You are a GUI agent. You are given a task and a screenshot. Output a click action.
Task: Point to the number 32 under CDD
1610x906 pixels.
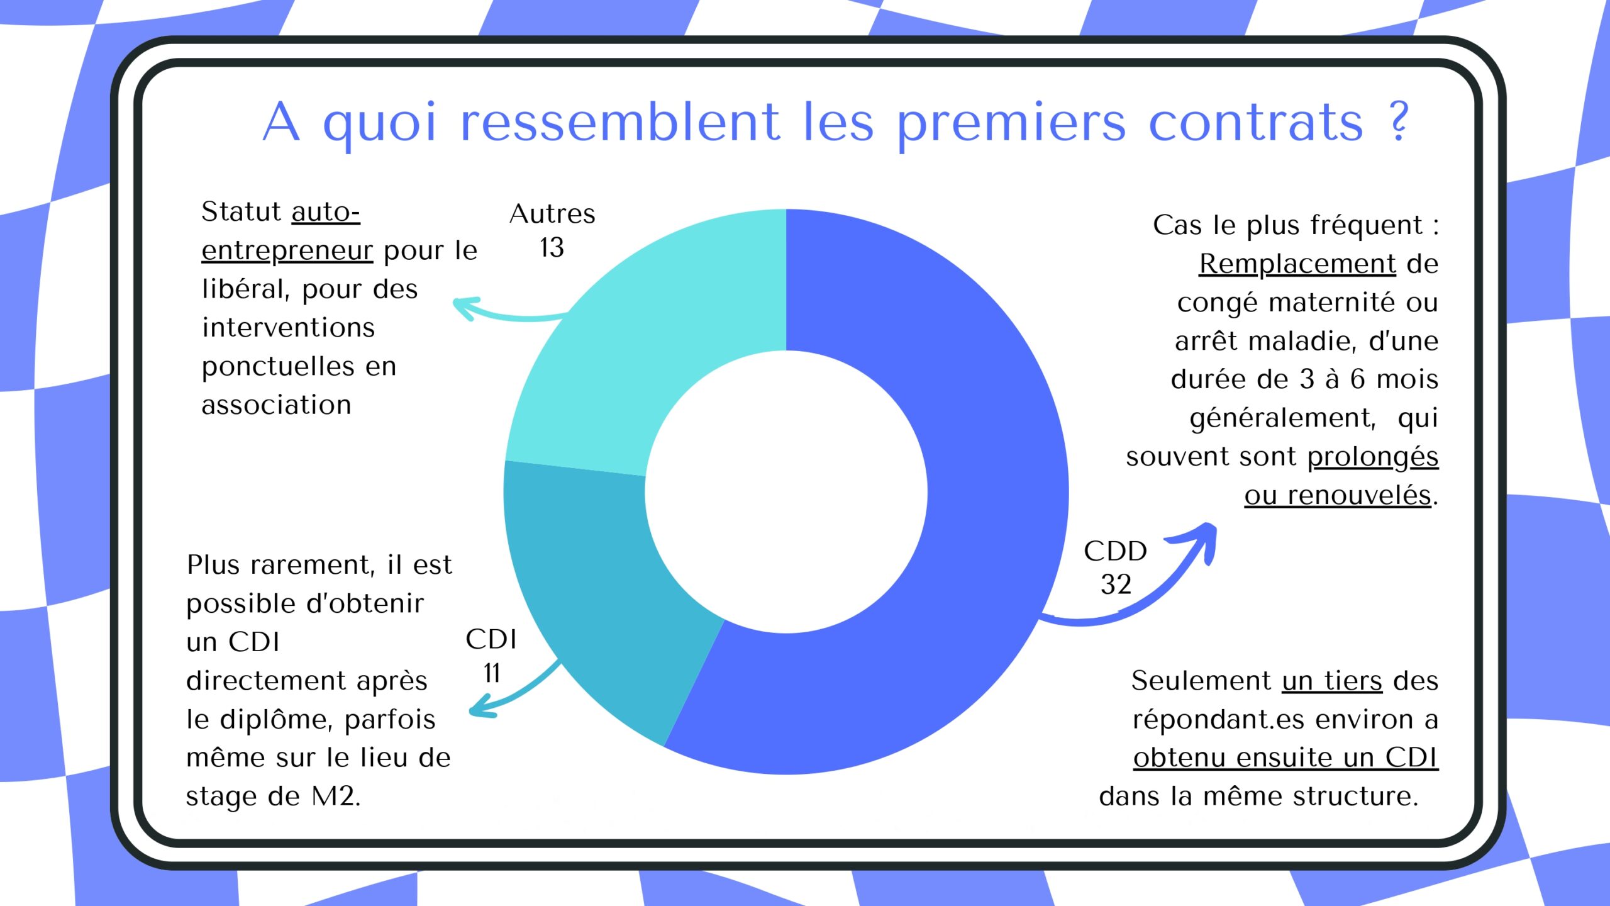pos(1116,584)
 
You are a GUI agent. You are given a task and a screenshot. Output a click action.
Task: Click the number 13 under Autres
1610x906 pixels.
pos(552,248)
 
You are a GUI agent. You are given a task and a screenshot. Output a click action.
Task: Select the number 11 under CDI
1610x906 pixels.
pos(492,673)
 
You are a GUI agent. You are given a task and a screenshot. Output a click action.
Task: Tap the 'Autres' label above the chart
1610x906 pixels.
pos(552,214)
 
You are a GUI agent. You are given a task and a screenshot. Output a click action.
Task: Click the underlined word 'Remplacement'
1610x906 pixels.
pos(1297,264)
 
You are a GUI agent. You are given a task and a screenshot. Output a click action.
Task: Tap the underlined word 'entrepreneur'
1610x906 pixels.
pos(287,251)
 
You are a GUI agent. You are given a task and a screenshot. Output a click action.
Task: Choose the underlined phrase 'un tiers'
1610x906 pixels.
pos(1332,681)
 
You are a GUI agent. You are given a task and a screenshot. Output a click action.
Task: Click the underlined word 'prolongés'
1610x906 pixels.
pos(1372,457)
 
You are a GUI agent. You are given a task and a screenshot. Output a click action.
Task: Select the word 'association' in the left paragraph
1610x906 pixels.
pos(277,405)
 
